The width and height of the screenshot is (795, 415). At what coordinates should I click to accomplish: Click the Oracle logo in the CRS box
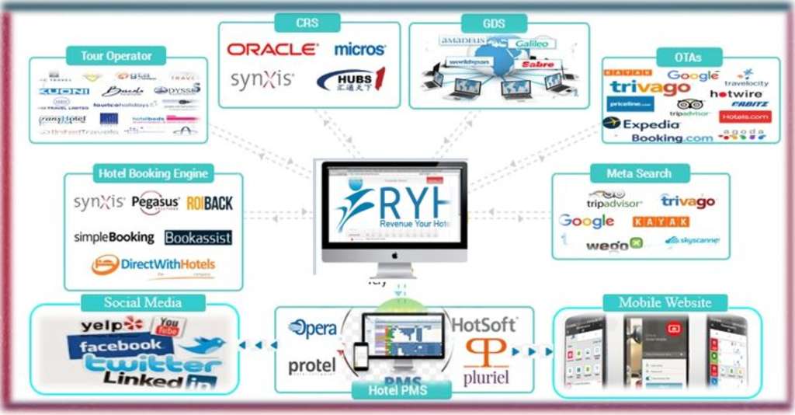(272, 49)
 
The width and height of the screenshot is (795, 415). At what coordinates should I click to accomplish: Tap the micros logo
(359, 49)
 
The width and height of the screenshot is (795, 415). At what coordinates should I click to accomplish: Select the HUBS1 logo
(351, 80)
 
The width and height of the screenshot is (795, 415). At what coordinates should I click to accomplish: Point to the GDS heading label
(493, 23)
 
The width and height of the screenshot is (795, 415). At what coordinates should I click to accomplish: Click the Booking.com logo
(672, 138)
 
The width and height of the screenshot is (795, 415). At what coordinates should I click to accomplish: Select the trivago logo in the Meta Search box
(687, 201)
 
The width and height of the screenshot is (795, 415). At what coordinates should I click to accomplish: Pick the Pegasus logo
(155, 203)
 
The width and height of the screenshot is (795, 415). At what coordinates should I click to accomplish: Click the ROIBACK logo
(209, 203)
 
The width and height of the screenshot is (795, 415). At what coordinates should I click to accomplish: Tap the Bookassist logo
(198, 237)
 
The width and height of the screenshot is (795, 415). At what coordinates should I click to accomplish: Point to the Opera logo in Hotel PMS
(312, 328)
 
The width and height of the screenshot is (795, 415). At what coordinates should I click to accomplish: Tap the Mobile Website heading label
(665, 302)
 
